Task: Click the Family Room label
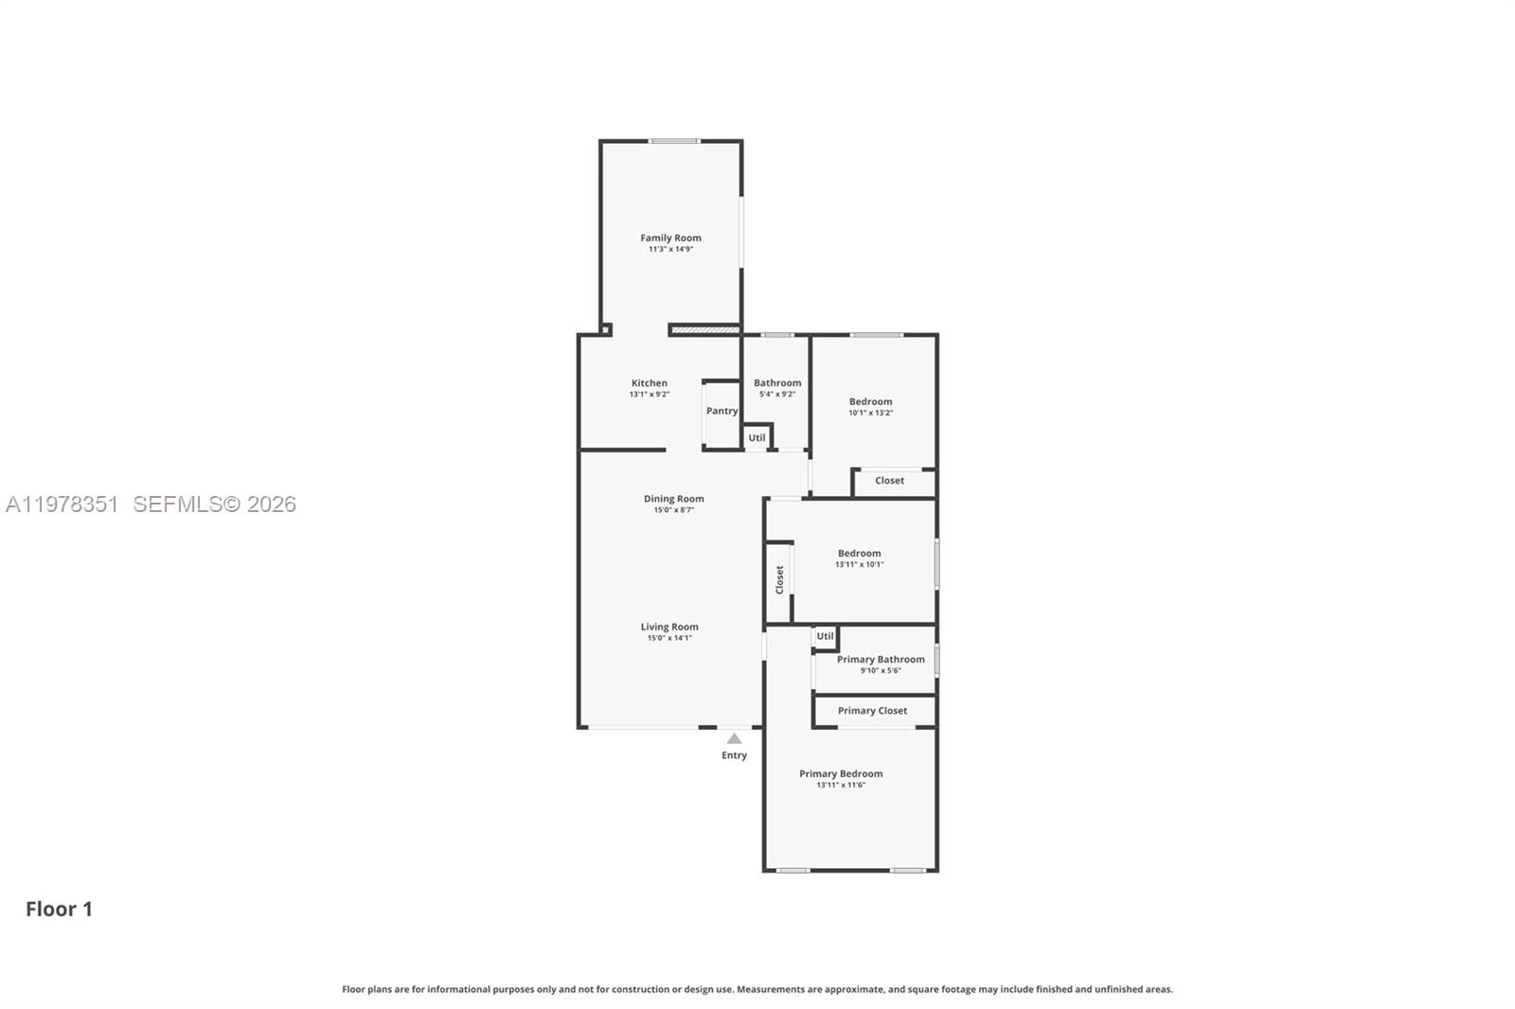tap(670, 239)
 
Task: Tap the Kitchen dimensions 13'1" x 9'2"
tap(649, 395)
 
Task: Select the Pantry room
tap(722, 411)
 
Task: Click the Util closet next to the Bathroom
tap(757, 437)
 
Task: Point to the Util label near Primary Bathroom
tap(825, 636)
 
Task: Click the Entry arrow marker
tap(734, 739)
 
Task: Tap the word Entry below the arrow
tap(734, 755)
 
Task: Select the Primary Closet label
tap(872, 711)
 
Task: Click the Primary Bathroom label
tap(881, 660)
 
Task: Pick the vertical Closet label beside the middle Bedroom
tap(779, 579)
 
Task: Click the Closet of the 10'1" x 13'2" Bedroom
tap(889, 481)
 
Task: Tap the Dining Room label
tap(673, 499)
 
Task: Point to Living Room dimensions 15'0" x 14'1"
tap(669, 638)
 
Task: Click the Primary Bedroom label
tap(841, 773)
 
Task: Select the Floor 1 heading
tap(59, 909)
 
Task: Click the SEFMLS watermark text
tap(214, 504)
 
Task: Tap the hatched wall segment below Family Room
tap(704, 329)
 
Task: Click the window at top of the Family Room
tap(674, 141)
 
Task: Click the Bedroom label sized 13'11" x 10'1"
tap(859, 554)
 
